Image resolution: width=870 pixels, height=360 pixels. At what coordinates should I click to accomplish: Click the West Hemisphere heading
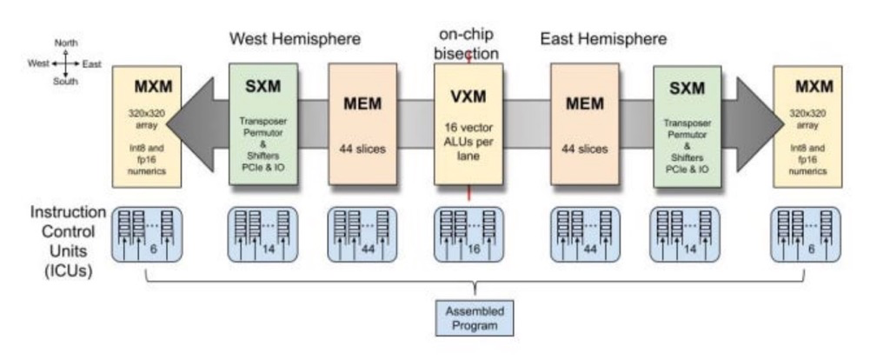(295, 39)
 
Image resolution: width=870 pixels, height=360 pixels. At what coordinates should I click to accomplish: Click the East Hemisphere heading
(603, 39)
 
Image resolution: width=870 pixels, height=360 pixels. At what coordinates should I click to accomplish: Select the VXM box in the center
(468, 123)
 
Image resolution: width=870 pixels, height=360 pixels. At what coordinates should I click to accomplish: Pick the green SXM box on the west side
(263, 123)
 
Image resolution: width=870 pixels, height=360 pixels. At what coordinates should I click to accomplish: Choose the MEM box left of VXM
(362, 123)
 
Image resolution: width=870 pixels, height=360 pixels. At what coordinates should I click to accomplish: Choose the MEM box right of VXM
(585, 123)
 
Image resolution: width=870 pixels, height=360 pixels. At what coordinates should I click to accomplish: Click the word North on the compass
(66, 43)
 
